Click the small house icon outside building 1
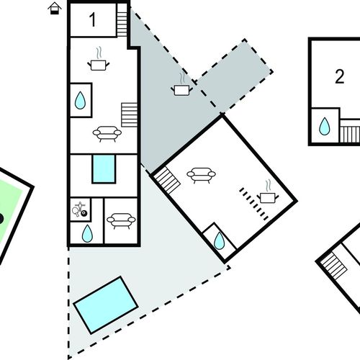(x=55, y=9)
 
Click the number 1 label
(x=93, y=19)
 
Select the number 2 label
(x=339, y=76)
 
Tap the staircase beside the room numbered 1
(x=122, y=20)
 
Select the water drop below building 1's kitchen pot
(x=80, y=100)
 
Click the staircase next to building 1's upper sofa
(x=129, y=114)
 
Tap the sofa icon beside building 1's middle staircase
(x=107, y=133)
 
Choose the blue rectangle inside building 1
(x=104, y=169)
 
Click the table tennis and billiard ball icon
(x=80, y=210)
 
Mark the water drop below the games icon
(x=87, y=233)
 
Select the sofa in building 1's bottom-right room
(x=121, y=221)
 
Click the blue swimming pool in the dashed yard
(x=106, y=305)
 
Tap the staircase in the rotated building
(x=167, y=181)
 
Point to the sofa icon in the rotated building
(x=201, y=175)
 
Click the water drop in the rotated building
(x=219, y=240)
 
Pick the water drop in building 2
(x=325, y=126)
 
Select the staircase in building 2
(x=350, y=134)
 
